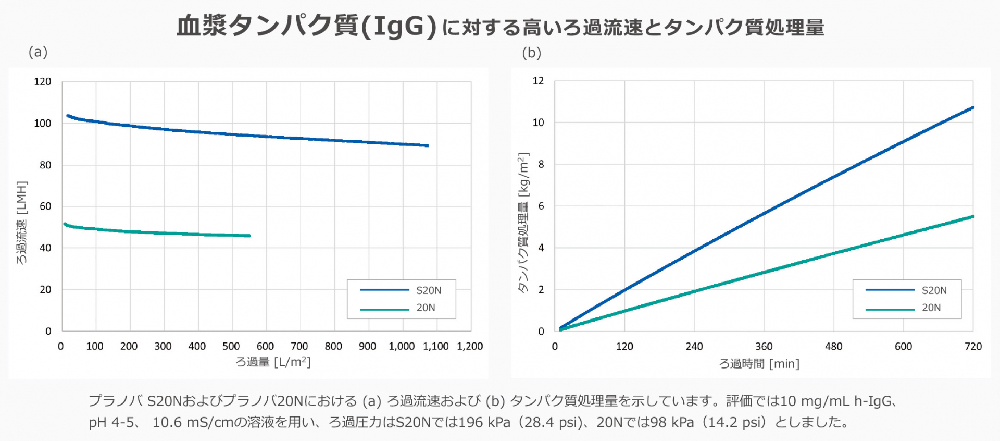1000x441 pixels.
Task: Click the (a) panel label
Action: [x=38, y=52]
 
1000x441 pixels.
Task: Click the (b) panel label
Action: [x=531, y=53]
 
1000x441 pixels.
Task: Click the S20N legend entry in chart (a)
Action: [x=428, y=290]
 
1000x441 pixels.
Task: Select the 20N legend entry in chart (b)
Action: [x=931, y=308]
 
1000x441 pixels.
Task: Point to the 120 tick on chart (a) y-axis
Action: [x=43, y=81]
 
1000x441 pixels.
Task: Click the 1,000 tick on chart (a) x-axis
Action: [x=402, y=346]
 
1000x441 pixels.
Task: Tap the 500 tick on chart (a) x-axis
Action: [x=231, y=346]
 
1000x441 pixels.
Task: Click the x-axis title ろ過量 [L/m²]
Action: [x=273, y=362]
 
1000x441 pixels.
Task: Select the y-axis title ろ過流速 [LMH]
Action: [x=21, y=223]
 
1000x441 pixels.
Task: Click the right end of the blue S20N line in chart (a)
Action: [x=428, y=145]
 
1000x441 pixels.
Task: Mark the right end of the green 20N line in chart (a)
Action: [x=249, y=236]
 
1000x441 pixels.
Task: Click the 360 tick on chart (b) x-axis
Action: [x=764, y=347]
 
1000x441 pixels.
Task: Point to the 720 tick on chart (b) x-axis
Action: [x=972, y=347]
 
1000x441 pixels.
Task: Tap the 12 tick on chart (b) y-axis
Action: [x=538, y=81]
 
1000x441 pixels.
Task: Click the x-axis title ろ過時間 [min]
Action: [x=759, y=364]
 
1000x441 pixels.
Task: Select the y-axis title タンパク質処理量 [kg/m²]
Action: [x=523, y=223]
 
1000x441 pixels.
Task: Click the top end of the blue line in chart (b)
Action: [x=972, y=107]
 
